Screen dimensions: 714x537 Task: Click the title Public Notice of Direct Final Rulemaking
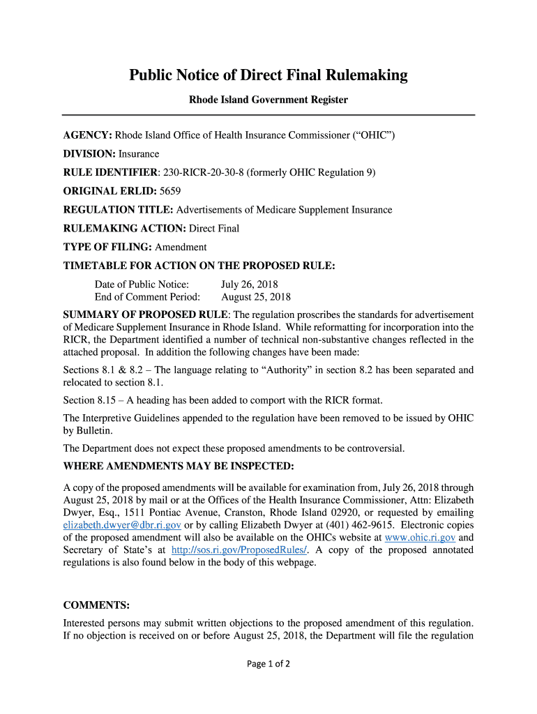[268, 75]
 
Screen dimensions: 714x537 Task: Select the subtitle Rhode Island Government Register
[268, 100]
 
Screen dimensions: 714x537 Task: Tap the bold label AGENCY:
[88, 135]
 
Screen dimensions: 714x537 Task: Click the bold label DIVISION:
[89, 153]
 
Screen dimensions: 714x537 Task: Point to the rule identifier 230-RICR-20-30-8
[202, 172]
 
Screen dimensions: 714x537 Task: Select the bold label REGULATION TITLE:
[119, 210]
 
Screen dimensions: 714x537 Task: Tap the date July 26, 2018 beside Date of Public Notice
[249, 284]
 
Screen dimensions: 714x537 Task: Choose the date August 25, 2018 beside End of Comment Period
[256, 297]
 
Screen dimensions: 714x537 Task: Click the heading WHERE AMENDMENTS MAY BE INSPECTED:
[179, 466]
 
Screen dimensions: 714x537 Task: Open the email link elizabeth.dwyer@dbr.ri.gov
[122, 525]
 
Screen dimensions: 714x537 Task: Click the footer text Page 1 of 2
[268, 664]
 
